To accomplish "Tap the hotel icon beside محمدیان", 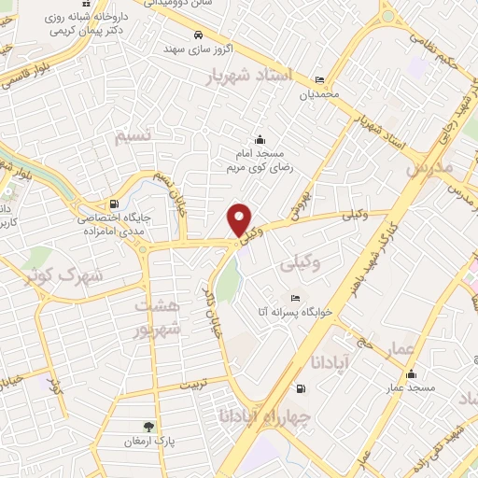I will pyautogui.click(x=320, y=79).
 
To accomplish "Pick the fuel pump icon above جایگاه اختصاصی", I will pyautogui.click(x=114, y=204).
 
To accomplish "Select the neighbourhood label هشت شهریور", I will pyautogui.click(x=154, y=317).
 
